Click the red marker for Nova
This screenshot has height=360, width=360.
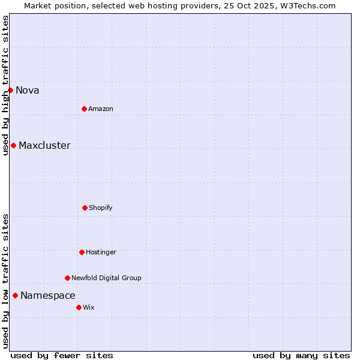click(10, 90)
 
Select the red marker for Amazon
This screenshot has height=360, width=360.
click(84, 109)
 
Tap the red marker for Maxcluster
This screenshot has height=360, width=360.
click(13, 145)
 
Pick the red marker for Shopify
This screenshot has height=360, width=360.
click(85, 208)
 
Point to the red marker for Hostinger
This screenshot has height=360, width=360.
click(82, 252)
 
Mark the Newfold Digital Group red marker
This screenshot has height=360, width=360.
click(67, 278)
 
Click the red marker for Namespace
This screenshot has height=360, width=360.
click(15, 295)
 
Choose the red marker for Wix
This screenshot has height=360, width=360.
click(79, 307)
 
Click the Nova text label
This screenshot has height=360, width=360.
click(28, 91)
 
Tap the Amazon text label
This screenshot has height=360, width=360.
click(101, 109)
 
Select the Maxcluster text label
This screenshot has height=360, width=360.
click(44, 146)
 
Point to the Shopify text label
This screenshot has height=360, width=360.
click(101, 208)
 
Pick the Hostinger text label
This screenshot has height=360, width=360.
click(101, 253)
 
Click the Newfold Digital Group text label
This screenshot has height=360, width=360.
click(106, 278)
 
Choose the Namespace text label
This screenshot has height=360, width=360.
click(48, 296)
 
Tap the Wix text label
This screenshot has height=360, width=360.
click(89, 308)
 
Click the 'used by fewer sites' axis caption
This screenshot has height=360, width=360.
click(62, 355)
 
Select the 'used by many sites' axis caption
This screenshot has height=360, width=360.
click(301, 355)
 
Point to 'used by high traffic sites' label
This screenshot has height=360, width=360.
click(5, 85)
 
